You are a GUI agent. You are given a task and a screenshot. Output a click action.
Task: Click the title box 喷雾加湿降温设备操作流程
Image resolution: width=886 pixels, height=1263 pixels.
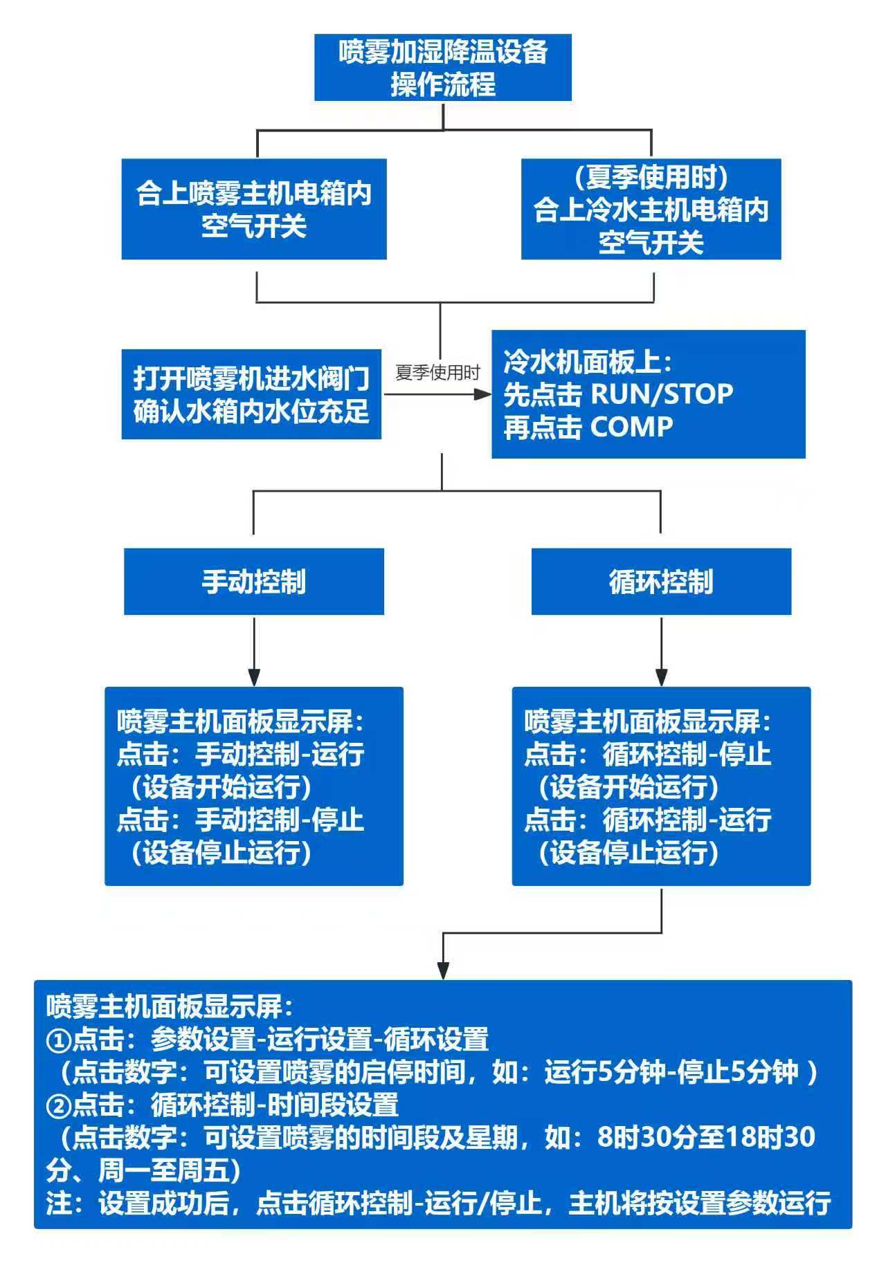point(443,68)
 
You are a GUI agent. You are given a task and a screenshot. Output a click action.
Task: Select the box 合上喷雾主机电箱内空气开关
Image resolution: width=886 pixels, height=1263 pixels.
point(253,209)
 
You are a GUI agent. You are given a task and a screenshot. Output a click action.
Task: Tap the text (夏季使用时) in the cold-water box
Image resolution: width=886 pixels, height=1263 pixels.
point(651,178)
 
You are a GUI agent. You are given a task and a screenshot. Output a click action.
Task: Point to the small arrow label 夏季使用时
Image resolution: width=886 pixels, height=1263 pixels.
point(437,373)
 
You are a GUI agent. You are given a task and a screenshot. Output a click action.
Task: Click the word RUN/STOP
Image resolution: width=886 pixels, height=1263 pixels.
point(661,394)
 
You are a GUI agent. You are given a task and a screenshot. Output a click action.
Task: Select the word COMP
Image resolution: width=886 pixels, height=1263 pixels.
point(631,427)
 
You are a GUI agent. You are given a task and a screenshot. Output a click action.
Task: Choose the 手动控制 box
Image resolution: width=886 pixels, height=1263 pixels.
point(253,582)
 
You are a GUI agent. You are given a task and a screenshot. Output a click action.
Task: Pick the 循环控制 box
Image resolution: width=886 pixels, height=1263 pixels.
point(660,582)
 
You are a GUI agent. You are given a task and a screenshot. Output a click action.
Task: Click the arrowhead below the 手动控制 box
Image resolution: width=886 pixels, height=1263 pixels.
point(254,678)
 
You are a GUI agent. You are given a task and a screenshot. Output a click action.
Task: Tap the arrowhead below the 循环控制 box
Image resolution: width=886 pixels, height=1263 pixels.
point(661,678)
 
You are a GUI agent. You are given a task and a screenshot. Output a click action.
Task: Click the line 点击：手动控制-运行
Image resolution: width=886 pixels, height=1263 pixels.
point(240,754)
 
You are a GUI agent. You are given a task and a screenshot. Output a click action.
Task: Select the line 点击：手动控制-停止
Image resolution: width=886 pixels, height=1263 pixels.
point(240,820)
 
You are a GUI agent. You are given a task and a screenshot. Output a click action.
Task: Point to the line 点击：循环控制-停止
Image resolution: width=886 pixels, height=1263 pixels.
point(647,754)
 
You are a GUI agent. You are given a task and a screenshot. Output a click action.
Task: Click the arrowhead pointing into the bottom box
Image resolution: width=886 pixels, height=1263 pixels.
point(443,971)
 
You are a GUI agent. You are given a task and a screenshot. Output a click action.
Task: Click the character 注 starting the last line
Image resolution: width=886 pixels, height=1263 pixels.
point(60,1204)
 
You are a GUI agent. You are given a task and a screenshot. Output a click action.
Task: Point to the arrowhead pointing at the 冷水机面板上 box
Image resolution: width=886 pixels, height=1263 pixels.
point(482,394)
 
